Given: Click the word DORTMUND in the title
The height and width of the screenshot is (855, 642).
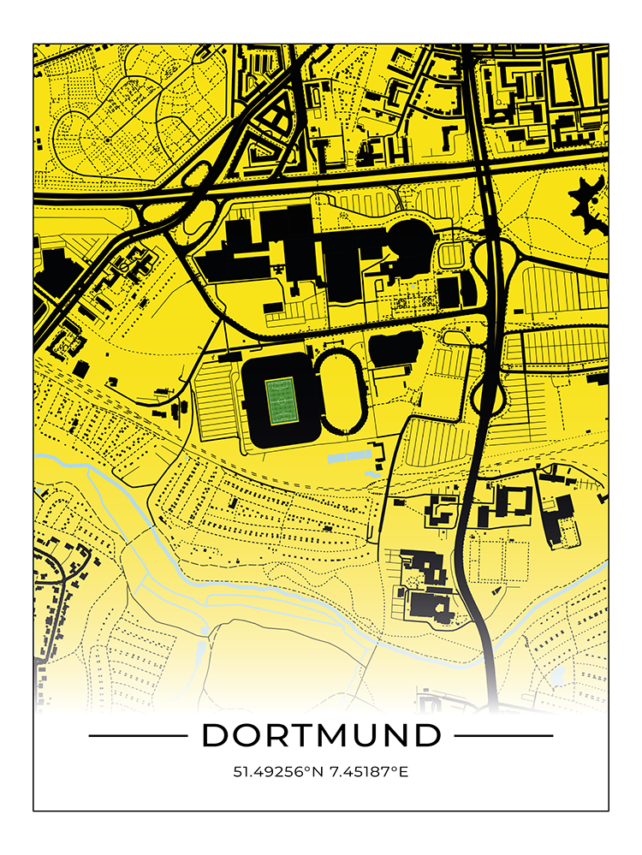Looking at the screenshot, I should pos(321,734).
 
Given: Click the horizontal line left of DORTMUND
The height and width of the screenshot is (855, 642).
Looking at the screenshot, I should pos(137,735).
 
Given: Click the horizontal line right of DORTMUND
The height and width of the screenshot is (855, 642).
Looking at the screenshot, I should pos(503,735).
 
